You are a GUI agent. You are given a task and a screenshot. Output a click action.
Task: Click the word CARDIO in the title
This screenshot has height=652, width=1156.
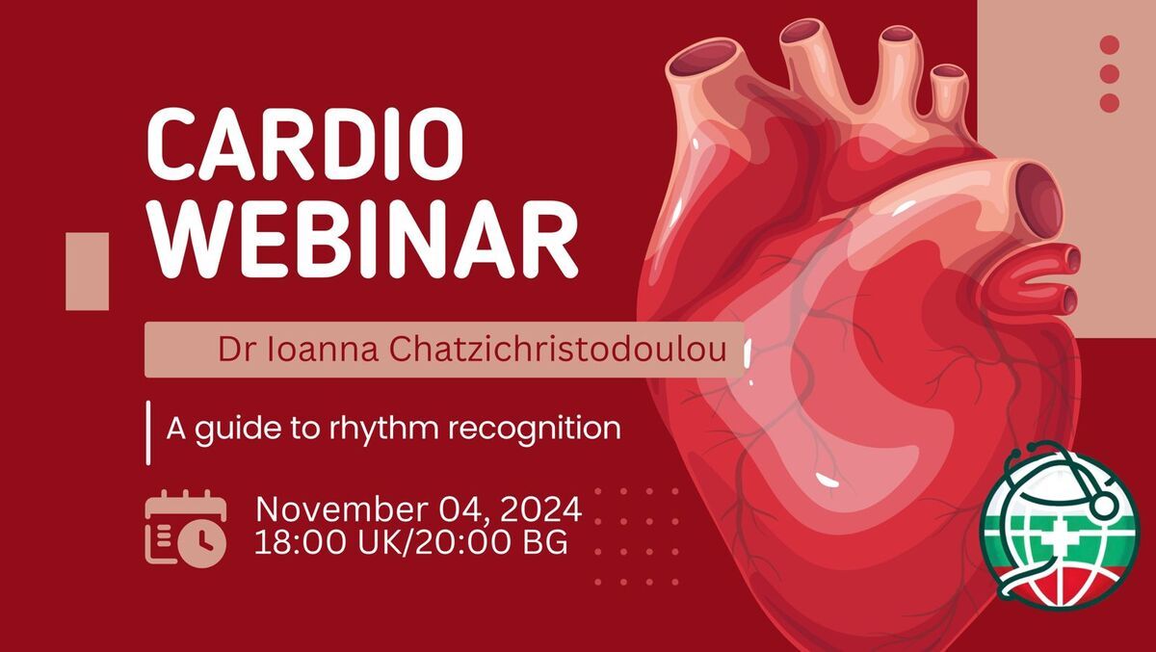(305, 143)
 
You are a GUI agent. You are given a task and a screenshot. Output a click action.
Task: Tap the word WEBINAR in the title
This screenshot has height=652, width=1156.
(362, 240)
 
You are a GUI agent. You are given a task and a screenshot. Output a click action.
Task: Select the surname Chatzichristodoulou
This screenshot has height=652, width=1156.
(558, 349)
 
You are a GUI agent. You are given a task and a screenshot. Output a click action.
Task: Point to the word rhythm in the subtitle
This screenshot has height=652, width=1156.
(384, 430)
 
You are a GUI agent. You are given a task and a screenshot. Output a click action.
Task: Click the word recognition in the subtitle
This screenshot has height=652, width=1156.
(534, 430)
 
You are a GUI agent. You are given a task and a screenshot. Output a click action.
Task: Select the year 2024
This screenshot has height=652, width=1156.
(540, 509)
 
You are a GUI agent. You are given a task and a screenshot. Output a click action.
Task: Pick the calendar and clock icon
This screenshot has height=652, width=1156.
(186, 529)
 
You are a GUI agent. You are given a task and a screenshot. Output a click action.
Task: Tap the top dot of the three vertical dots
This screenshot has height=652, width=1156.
(1110, 44)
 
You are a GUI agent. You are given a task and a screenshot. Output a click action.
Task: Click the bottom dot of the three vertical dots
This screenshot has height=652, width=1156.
(1110, 103)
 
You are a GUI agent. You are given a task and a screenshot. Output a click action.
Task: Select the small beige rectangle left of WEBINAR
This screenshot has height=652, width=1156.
(88, 272)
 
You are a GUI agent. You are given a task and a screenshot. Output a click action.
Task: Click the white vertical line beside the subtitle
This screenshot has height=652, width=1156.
(148, 432)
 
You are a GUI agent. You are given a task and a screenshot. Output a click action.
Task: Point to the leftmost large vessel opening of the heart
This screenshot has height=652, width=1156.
(705, 56)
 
